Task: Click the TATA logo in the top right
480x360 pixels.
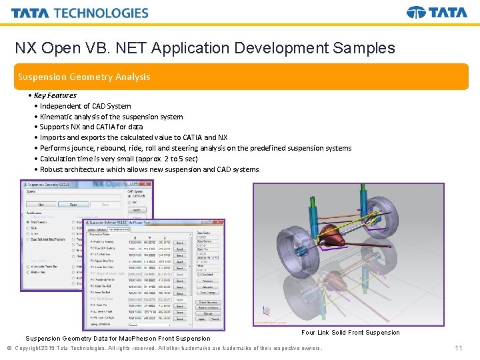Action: click(x=437, y=13)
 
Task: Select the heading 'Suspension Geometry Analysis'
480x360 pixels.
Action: click(x=84, y=77)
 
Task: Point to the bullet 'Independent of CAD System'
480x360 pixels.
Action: click(x=85, y=106)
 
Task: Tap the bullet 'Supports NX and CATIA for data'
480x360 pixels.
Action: click(x=91, y=127)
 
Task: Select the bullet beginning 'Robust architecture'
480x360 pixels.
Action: click(x=149, y=169)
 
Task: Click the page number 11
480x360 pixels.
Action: click(x=458, y=349)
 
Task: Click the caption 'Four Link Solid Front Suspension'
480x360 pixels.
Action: click(x=351, y=333)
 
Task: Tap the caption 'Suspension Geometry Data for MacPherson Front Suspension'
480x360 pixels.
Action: click(x=118, y=339)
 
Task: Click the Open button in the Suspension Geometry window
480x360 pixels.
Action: click(x=73, y=205)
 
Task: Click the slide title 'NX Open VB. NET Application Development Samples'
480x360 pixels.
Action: click(x=205, y=48)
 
